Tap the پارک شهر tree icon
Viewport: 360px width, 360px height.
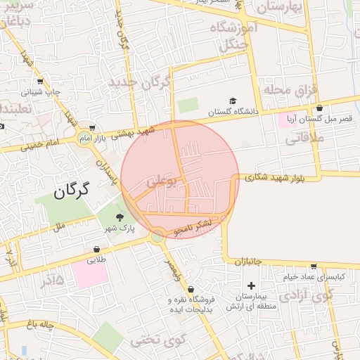point(119,217)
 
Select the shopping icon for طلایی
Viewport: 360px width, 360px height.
point(96,249)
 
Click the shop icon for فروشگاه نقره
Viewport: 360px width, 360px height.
point(191,288)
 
